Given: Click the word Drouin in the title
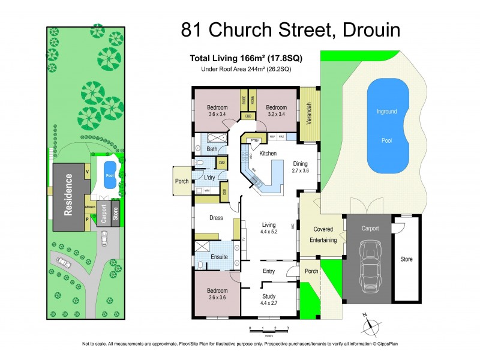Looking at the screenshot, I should pyautogui.click(x=367, y=30).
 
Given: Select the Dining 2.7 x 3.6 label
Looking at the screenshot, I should pyautogui.click(x=300, y=167).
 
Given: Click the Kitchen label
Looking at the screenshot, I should pyautogui.click(x=268, y=154).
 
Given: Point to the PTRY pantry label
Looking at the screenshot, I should pyautogui.click(x=254, y=140).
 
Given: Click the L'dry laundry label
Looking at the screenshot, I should pyautogui.click(x=209, y=178).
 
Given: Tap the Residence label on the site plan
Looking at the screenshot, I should pyautogui.click(x=69, y=195).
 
